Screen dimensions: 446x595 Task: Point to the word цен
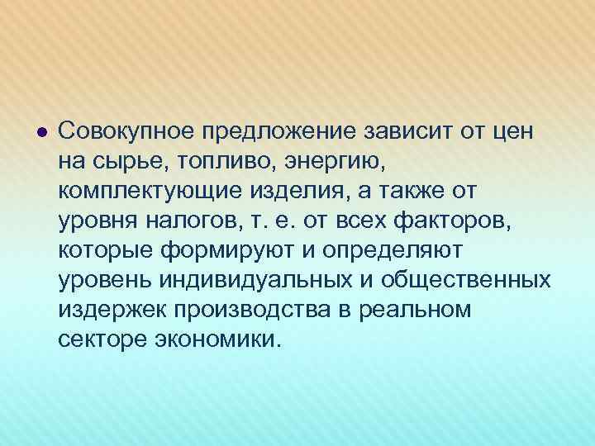(512, 130)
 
